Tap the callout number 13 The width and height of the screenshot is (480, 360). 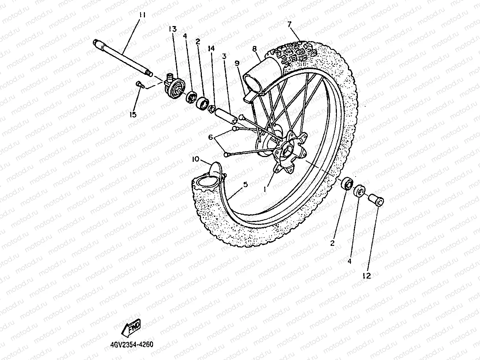click(173, 29)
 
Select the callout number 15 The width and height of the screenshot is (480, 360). click(133, 114)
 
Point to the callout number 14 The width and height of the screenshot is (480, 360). click(210, 49)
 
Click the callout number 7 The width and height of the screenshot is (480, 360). click(290, 24)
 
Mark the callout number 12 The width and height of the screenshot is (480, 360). click(367, 276)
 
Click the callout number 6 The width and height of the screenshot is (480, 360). click(211, 137)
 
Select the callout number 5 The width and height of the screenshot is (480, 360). click(246, 185)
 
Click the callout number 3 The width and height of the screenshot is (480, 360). click(224, 56)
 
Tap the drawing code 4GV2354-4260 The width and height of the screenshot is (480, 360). click(131, 345)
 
